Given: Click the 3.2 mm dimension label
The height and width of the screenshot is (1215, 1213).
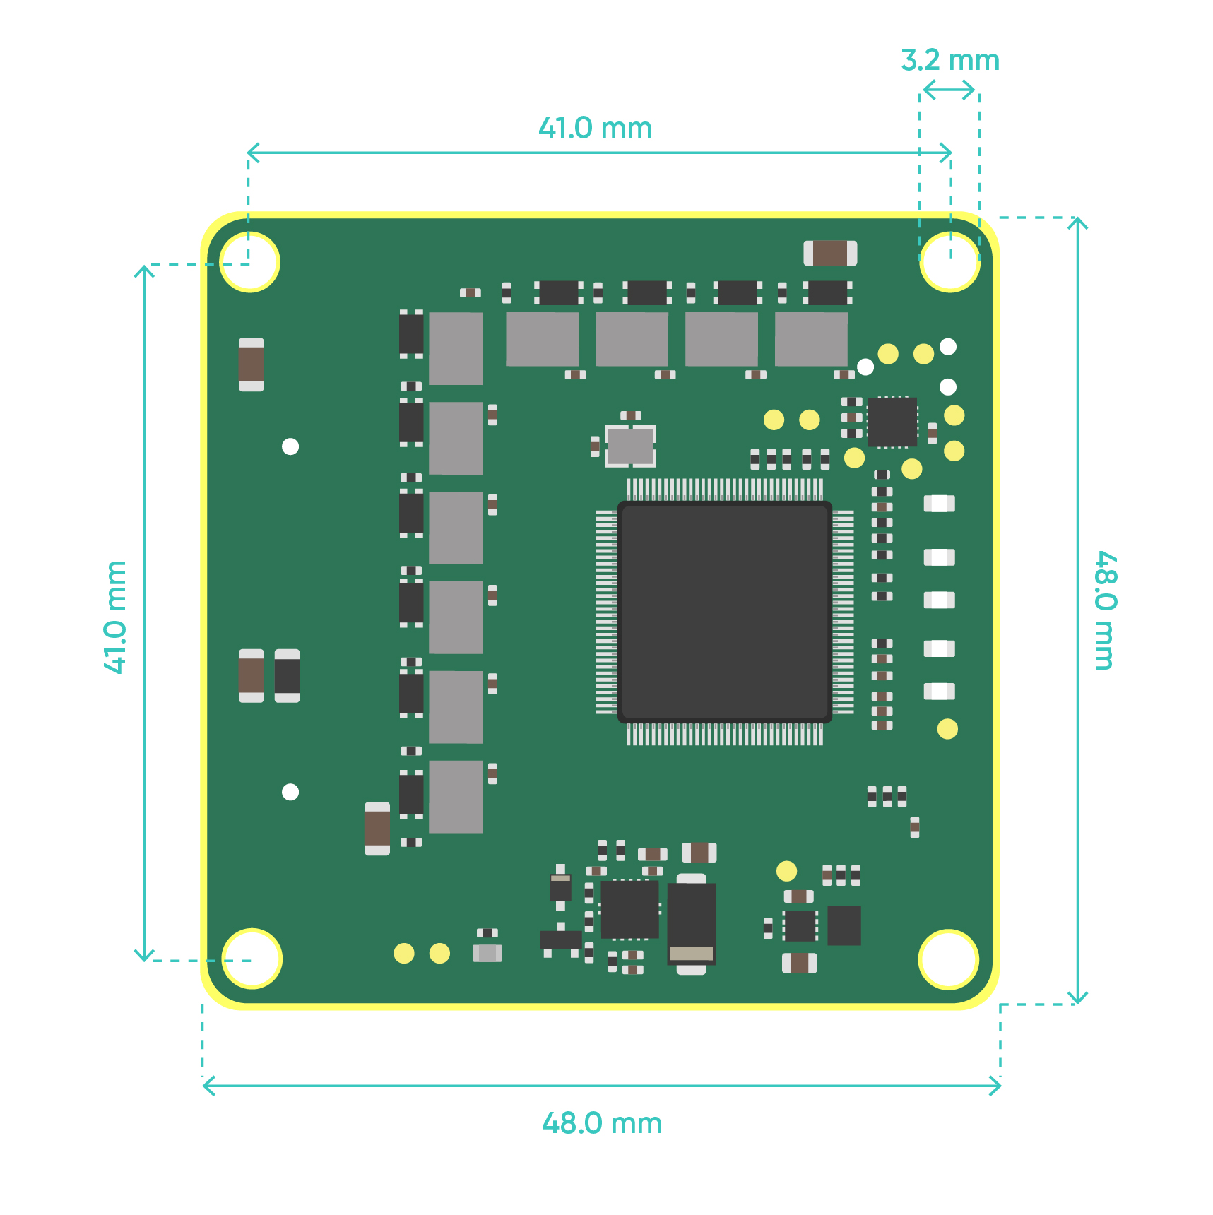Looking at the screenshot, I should pos(949,61).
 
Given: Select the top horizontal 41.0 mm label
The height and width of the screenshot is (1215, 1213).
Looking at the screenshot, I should pos(595,129).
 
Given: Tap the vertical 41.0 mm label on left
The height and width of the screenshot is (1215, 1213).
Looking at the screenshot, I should pos(115,617).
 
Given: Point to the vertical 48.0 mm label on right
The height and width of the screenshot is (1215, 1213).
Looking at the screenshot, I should pos(1105,610).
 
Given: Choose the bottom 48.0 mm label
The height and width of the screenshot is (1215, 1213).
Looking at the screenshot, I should pos(601,1123).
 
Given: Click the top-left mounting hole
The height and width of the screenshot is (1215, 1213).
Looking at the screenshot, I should pos(250,262).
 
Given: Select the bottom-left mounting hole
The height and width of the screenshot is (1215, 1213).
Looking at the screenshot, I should pos(252,959).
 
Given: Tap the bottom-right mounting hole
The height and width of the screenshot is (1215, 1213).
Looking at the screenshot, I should pos(948,959).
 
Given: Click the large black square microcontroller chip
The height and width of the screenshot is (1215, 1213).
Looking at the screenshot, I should pos(724,612).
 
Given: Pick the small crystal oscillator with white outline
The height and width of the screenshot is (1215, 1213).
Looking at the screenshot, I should pos(630,446).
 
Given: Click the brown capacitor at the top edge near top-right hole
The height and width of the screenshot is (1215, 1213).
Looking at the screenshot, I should pos(830,254).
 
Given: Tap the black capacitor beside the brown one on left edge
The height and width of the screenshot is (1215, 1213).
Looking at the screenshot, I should pos(287,676).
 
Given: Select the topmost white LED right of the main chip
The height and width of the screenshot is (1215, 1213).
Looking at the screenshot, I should pos(939,504).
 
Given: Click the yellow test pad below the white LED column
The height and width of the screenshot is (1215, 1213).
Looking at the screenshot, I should pos(947,729).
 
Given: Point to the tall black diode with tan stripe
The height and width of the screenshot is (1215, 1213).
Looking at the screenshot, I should pos(691,923).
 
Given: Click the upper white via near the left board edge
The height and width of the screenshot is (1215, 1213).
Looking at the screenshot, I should pos(290,446).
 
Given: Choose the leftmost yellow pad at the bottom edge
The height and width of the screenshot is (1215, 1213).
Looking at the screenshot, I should pos(403,954).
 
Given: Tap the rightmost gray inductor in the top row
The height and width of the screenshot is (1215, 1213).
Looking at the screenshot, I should pos(811,339).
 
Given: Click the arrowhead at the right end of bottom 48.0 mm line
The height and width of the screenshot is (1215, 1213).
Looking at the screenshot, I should pos(998,1086).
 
